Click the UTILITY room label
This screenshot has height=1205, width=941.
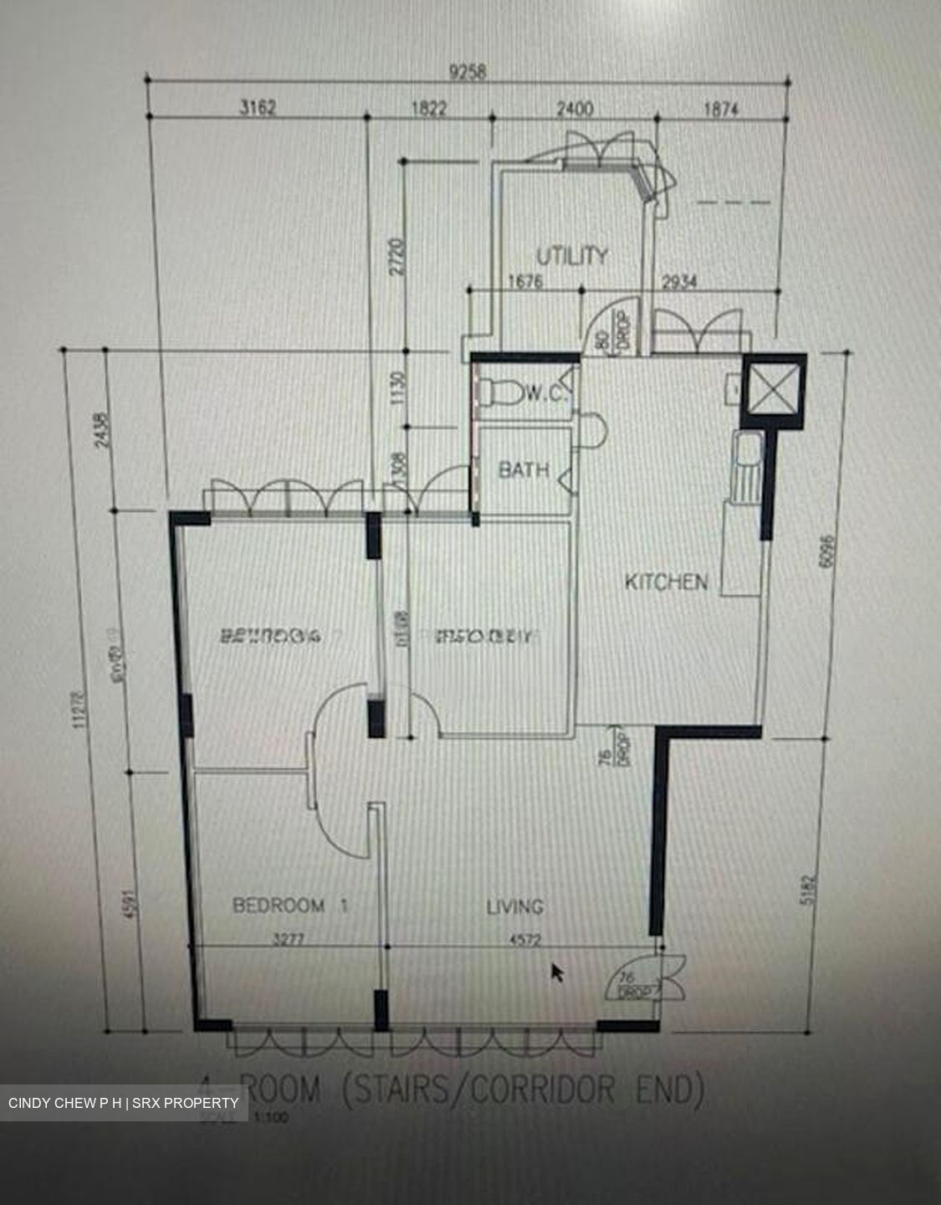pos(572,254)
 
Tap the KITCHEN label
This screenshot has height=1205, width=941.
pos(666,581)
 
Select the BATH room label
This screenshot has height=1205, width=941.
pos(524,469)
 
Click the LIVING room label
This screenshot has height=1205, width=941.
pos(514,906)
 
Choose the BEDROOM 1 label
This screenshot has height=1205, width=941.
pos(289,905)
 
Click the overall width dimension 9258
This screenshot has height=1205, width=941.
pos(467,72)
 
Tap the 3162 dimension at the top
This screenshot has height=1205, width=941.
pos(257,107)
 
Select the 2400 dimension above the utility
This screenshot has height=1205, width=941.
pos(575,108)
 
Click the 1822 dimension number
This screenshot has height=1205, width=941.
pos(428,108)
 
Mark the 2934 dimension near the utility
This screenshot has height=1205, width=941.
pos(679,282)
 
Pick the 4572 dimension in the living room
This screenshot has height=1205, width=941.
pos(524,940)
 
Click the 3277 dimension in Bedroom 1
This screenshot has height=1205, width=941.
pos(288,940)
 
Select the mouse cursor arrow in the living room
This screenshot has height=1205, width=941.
pos(556,972)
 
